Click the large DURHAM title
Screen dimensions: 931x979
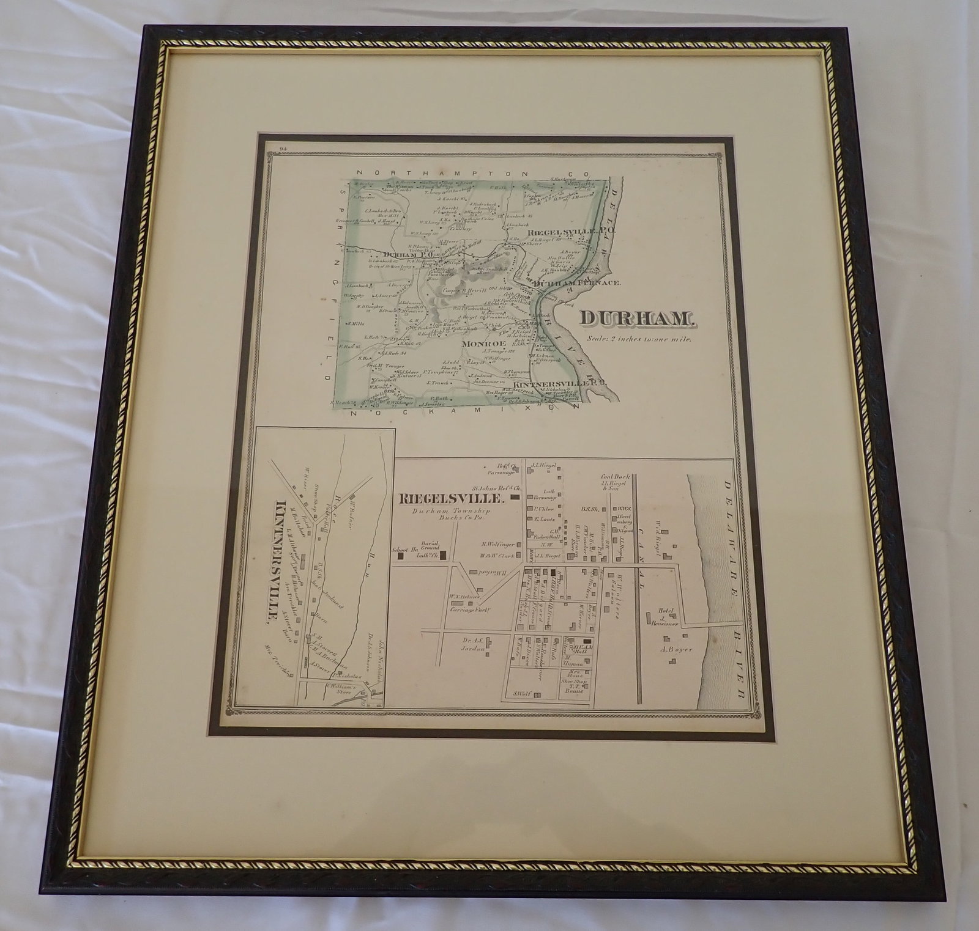pyautogui.click(x=636, y=319)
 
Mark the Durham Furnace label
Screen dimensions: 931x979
pyautogui.click(x=578, y=283)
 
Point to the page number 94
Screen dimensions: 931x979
pyautogui.click(x=281, y=149)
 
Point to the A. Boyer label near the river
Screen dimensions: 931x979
pyautogui.click(x=676, y=649)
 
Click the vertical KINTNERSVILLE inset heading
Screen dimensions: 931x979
pyautogui.click(x=282, y=559)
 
